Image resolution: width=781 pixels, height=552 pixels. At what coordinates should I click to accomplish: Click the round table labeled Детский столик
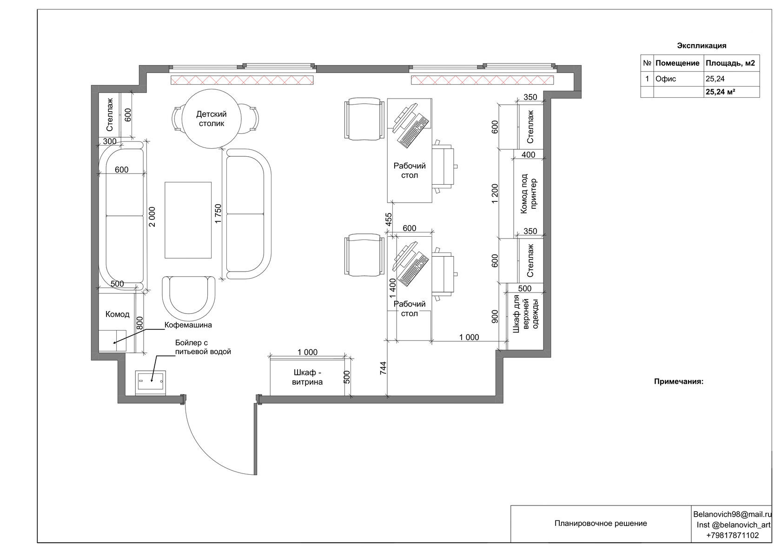[211, 119]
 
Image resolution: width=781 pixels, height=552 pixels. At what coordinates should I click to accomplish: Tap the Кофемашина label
[188, 325]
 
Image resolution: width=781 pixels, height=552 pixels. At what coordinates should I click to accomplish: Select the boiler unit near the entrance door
[150, 383]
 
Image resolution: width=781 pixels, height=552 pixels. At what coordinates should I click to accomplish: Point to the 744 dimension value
[383, 368]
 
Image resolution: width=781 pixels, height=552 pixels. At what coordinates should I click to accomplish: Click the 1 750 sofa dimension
[218, 214]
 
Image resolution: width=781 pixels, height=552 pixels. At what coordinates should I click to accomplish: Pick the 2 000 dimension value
[152, 217]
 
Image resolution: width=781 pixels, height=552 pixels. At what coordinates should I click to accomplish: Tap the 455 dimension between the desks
[389, 219]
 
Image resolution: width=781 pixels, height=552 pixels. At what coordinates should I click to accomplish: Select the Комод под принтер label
[529, 193]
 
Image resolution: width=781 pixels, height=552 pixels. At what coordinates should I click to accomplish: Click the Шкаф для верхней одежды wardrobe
[525, 316]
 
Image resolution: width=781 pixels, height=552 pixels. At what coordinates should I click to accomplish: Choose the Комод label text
[117, 314]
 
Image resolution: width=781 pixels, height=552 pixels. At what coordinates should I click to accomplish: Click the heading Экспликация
[702, 46]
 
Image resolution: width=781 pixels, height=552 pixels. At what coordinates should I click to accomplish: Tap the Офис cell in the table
[666, 79]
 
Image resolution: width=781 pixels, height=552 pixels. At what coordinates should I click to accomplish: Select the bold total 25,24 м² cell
[721, 92]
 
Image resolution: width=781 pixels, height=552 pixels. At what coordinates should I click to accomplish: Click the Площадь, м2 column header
[730, 63]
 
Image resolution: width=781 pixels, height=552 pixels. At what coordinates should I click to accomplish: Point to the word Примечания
[679, 381]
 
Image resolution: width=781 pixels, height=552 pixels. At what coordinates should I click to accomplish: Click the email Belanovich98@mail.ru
[732, 514]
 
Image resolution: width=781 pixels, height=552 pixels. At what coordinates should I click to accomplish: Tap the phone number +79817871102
[732, 535]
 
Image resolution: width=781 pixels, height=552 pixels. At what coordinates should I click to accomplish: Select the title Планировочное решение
[601, 524]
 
